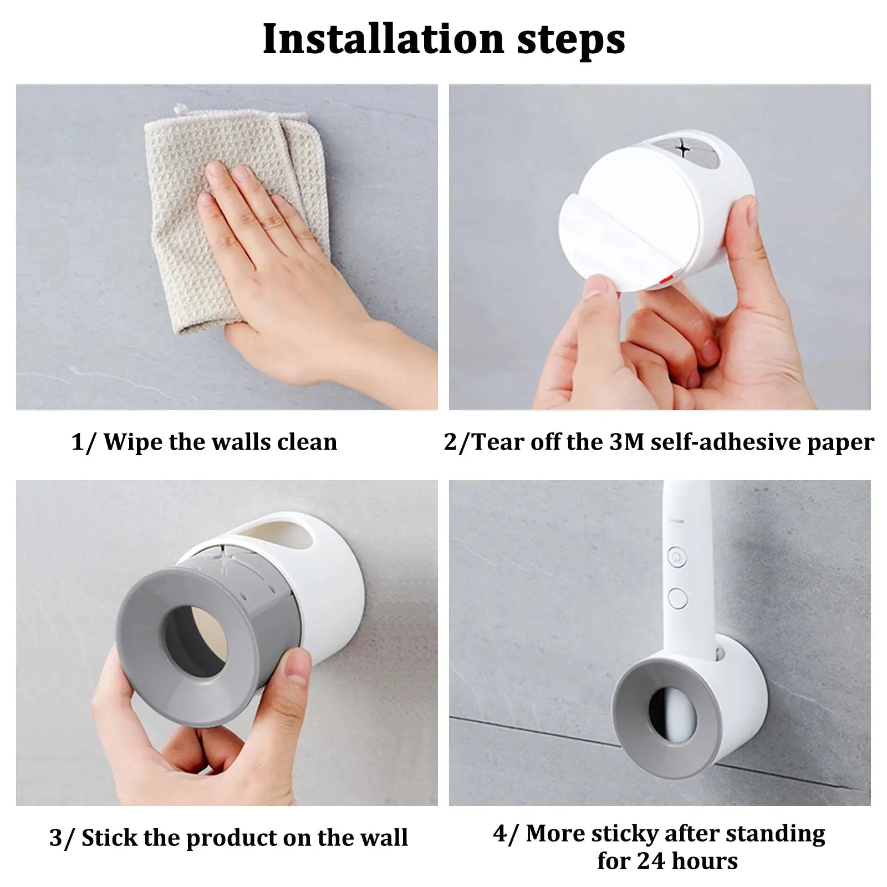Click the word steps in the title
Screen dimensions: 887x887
coord(571,40)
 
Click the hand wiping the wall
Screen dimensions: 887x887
coord(288,266)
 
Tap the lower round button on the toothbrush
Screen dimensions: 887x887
coord(677,598)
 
